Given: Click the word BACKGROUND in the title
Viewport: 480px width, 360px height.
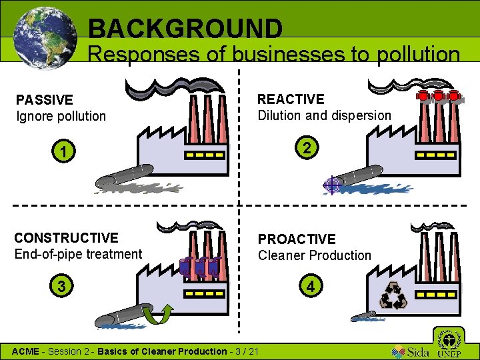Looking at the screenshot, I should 185,29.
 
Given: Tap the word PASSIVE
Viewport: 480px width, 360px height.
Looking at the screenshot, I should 45,100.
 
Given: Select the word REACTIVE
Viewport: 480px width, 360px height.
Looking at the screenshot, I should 291,99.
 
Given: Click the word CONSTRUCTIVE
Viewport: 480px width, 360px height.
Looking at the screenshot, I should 66,238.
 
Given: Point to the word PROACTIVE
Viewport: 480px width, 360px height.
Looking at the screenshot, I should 297,239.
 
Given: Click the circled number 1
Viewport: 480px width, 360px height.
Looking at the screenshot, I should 63,153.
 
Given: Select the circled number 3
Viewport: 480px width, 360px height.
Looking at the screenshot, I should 61,287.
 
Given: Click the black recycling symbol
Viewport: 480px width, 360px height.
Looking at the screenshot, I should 393,296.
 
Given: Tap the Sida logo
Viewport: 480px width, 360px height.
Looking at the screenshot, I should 410,351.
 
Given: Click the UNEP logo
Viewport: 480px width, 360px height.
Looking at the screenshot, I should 449,343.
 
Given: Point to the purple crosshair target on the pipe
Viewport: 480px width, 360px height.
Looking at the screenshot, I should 331,185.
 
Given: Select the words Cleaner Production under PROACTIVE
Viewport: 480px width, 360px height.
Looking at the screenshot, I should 314,255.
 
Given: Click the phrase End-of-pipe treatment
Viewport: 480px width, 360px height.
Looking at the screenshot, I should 78,254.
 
